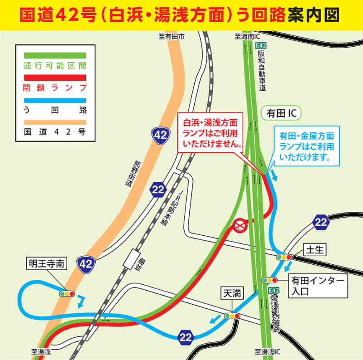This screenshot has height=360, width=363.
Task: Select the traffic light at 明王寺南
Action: click(x=67, y=293)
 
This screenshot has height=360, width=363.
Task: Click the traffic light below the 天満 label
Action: click(x=231, y=316)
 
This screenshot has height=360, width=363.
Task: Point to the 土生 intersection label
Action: click(x=314, y=248)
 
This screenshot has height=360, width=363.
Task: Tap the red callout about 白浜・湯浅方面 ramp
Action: click(x=210, y=132)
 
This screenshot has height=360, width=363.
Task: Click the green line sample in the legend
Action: click(x=54, y=55)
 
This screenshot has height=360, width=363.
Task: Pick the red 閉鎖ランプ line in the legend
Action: click(x=54, y=77)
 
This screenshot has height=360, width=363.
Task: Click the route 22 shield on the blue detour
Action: click(x=186, y=336)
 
